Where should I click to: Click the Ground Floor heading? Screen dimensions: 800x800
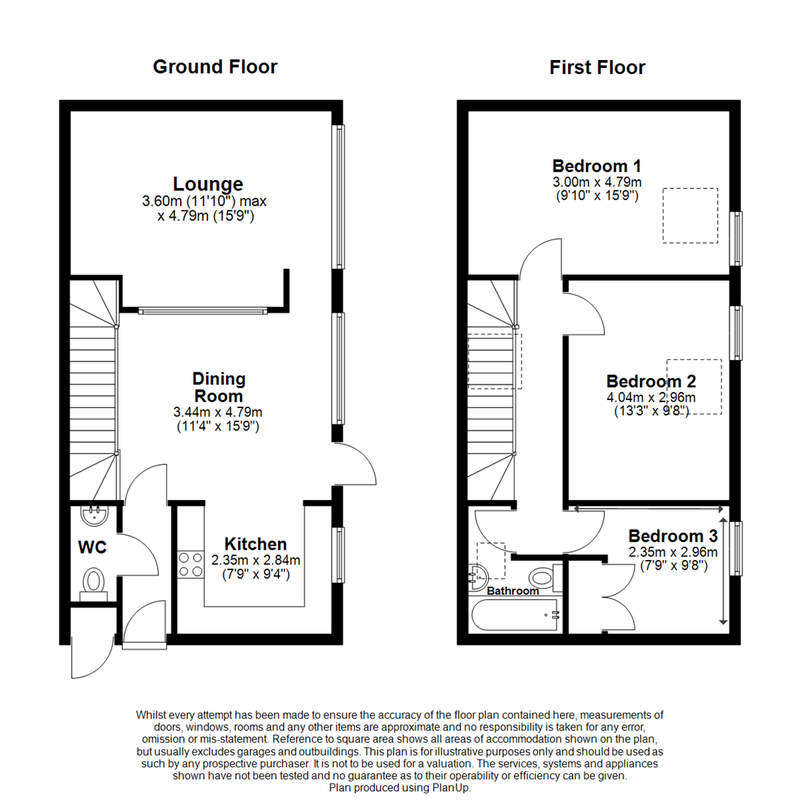coord(215,67)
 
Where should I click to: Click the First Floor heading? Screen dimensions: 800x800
coord(597,67)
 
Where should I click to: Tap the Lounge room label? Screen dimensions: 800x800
coord(208,184)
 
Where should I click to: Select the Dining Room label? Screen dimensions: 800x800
coord(219,387)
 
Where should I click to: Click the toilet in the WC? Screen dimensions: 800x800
coord(94,581)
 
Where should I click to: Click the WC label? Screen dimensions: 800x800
coord(93,548)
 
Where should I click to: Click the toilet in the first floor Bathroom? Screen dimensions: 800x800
coord(543,576)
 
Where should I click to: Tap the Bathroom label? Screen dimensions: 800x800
coord(513,591)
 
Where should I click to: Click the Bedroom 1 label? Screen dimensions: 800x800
coord(597,165)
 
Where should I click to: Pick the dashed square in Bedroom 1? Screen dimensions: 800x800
coord(690,216)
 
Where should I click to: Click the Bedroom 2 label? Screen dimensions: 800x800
coord(651,381)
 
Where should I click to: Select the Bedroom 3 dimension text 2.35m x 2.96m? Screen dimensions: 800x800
coord(673,553)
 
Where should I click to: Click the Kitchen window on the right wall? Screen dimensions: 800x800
coord(339,553)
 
